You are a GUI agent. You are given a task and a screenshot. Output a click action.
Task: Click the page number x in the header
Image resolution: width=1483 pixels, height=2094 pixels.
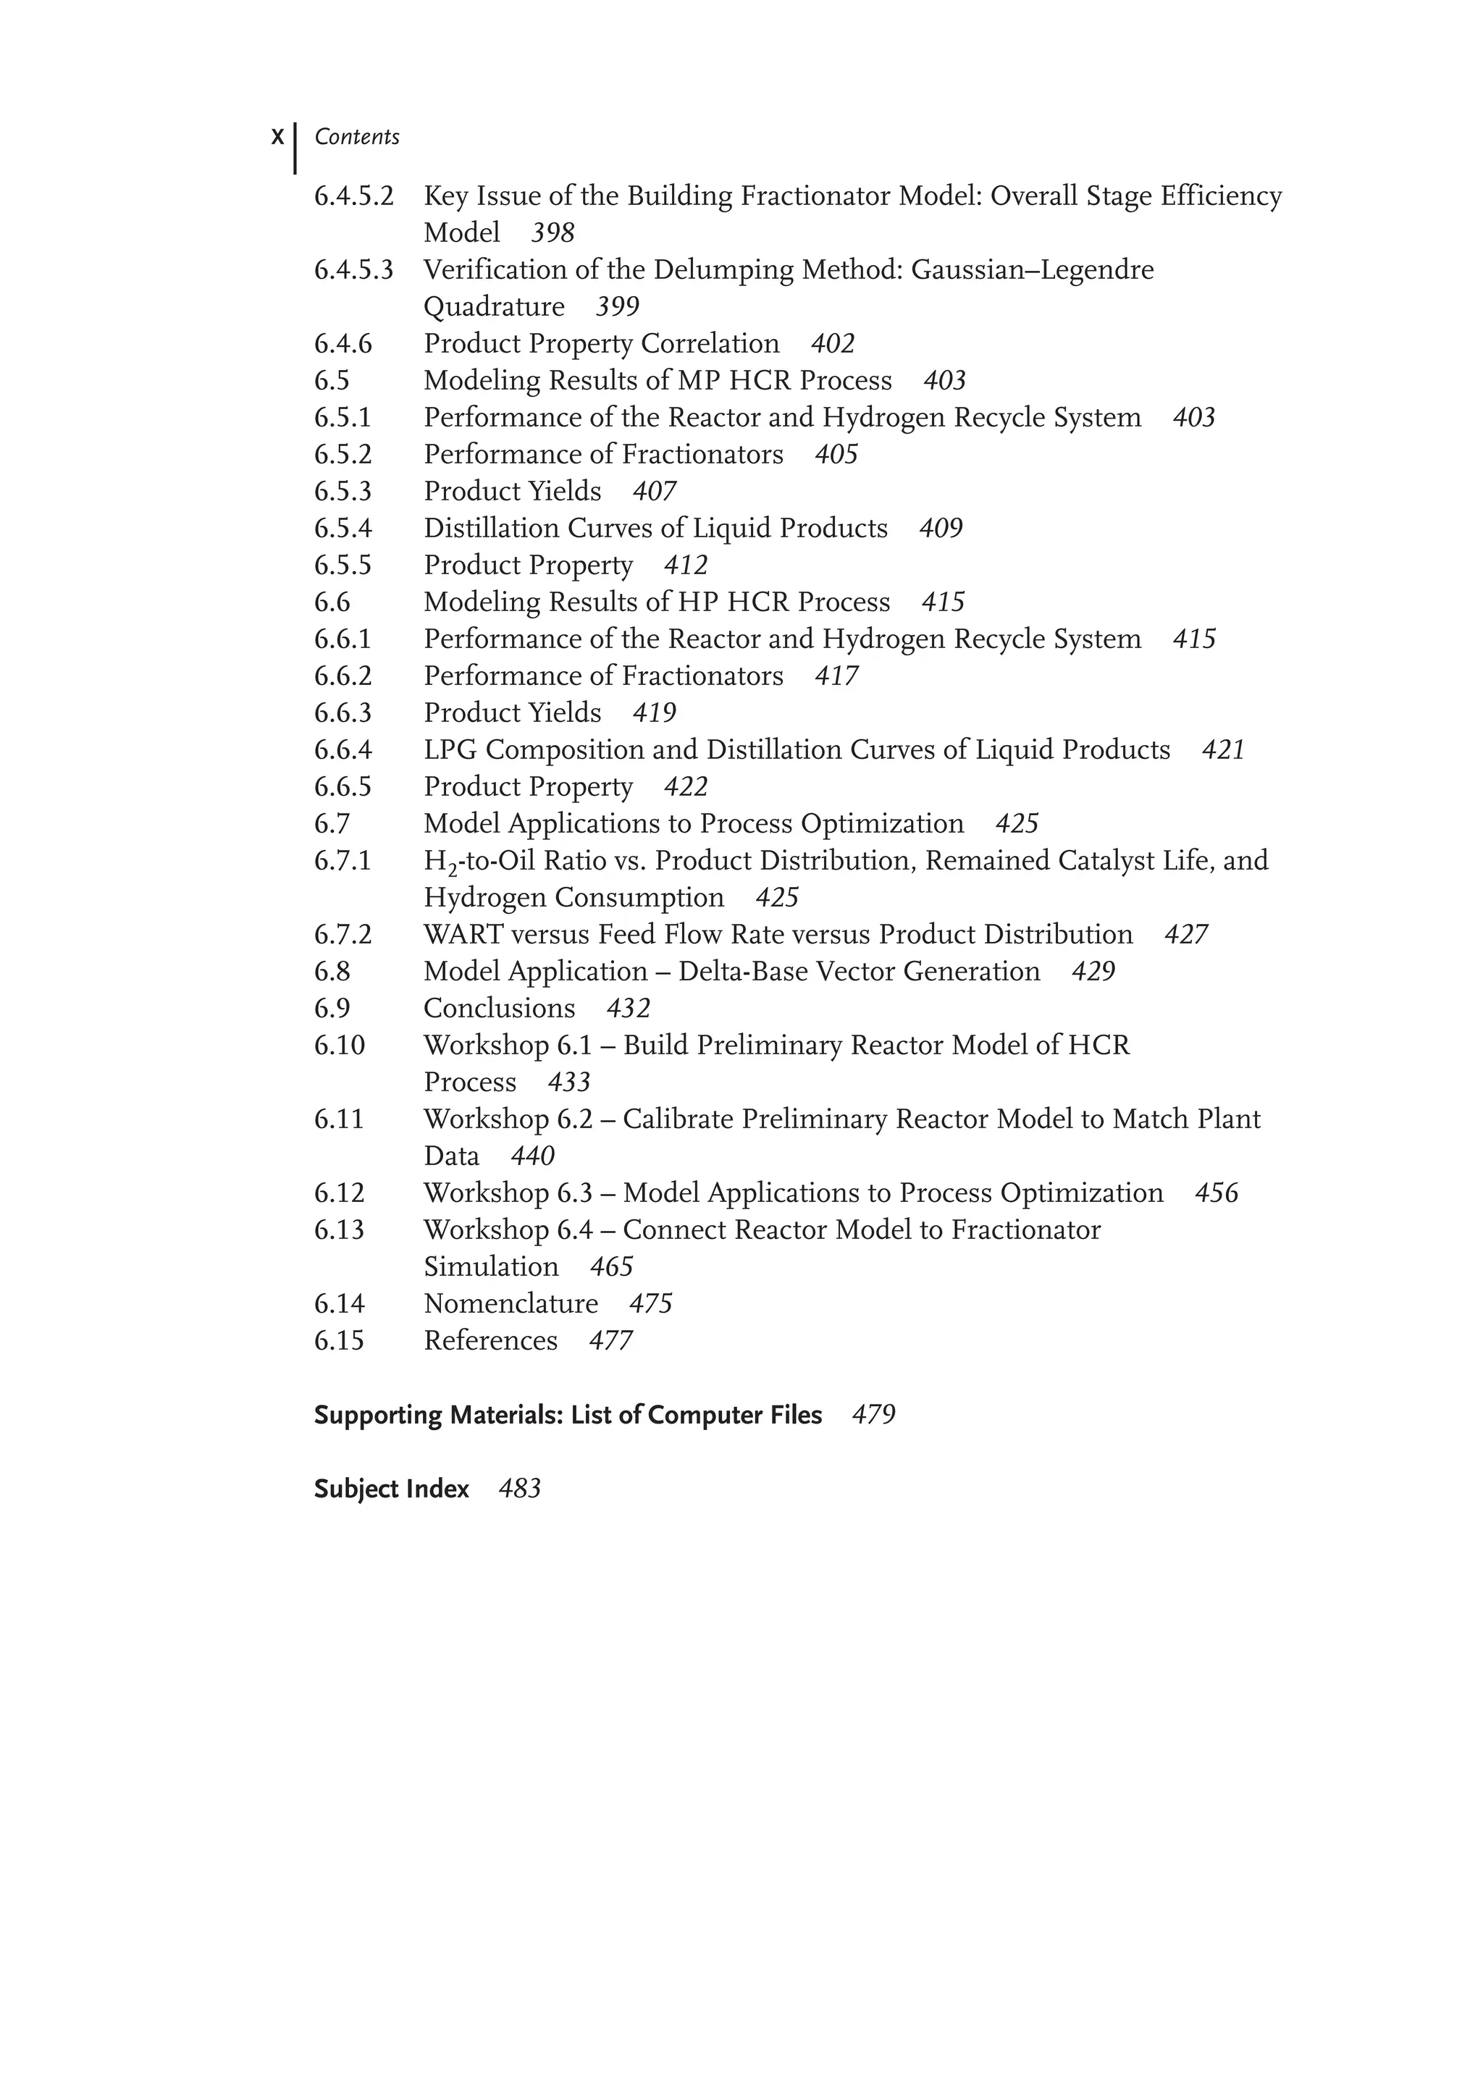pyautogui.click(x=277, y=138)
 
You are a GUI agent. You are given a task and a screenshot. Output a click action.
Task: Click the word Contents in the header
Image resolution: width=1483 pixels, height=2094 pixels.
pyautogui.click(x=356, y=138)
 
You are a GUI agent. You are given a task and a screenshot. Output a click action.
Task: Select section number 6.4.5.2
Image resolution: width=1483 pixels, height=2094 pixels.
pyautogui.click(x=353, y=196)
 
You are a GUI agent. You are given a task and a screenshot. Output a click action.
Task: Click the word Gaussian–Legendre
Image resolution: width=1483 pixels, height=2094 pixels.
pyautogui.click(x=1032, y=270)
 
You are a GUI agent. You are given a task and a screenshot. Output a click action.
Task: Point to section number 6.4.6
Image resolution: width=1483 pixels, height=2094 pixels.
pyautogui.click(x=343, y=344)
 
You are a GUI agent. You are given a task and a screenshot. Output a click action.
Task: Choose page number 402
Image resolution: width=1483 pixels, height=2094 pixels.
pyautogui.click(x=832, y=344)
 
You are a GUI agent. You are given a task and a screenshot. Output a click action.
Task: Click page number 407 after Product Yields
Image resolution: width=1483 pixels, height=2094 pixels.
pyautogui.click(x=654, y=492)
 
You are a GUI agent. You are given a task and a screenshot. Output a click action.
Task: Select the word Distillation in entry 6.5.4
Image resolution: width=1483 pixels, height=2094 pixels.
pyautogui.click(x=491, y=529)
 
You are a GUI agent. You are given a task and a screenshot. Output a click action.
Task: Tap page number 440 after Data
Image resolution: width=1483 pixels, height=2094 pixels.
pyautogui.click(x=532, y=1156)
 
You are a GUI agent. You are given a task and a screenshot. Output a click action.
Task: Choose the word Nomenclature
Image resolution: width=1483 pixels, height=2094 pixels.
pyautogui.click(x=511, y=1304)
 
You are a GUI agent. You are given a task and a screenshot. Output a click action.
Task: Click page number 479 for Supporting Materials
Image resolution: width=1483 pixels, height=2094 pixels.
pyautogui.click(x=873, y=1416)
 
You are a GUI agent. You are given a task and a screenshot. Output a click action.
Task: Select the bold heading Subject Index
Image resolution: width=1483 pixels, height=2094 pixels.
pyautogui.click(x=391, y=1489)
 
